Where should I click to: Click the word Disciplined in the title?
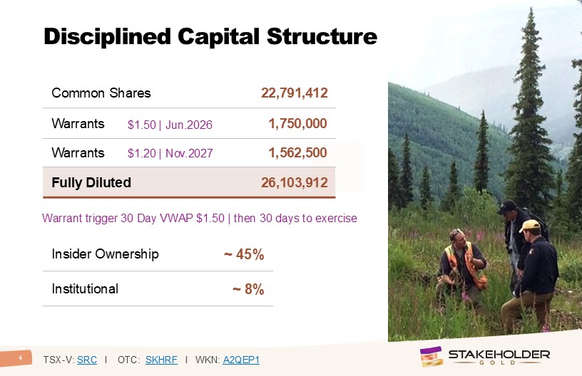click(x=107, y=37)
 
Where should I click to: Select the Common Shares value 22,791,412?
click(x=295, y=93)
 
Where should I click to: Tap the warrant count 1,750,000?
click(x=297, y=123)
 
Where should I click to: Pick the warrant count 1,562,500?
click(x=297, y=152)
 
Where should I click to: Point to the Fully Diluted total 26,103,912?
click(x=295, y=182)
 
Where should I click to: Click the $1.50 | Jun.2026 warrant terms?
click(x=170, y=125)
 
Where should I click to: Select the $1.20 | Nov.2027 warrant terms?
click(x=170, y=153)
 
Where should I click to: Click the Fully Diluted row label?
click(x=91, y=182)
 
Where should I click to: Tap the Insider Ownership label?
click(x=105, y=254)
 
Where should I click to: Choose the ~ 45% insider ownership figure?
click(x=244, y=254)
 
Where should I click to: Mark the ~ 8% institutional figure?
click(x=248, y=289)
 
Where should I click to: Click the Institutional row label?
click(x=85, y=288)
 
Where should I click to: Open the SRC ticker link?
click(x=87, y=360)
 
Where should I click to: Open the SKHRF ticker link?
click(x=161, y=360)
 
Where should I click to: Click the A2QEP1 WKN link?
click(x=241, y=360)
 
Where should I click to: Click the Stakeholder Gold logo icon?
click(x=432, y=356)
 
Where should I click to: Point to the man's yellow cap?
click(x=529, y=225)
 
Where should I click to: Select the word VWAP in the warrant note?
click(x=176, y=218)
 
